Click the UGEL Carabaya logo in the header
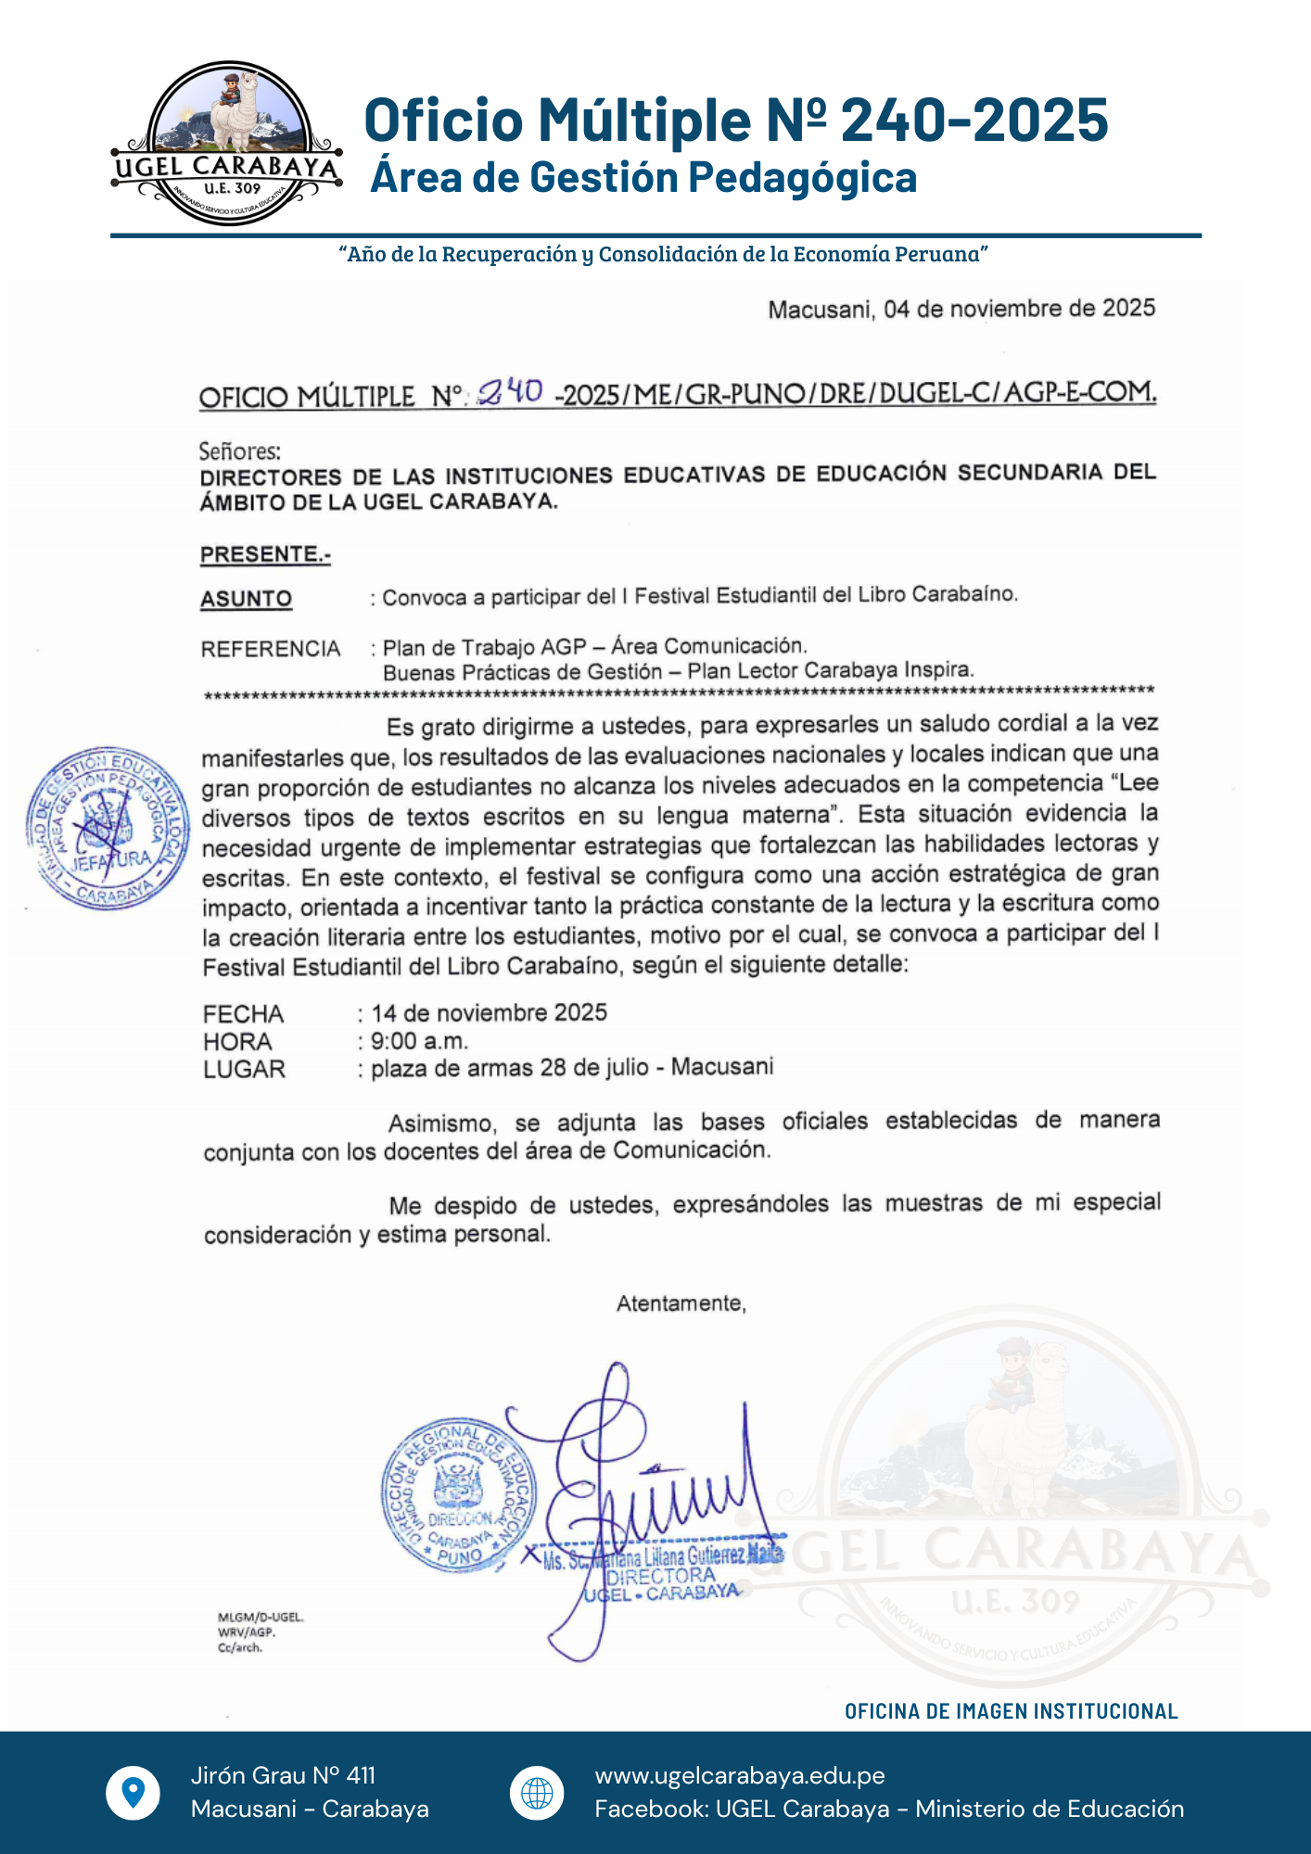click(226, 145)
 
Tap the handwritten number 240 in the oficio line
click(509, 393)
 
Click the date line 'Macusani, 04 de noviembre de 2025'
click(961, 309)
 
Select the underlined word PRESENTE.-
click(265, 554)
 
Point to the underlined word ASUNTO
click(247, 599)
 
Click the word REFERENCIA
click(271, 648)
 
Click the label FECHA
click(243, 1014)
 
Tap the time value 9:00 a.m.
click(420, 1041)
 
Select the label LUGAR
click(244, 1070)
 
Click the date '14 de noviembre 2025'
click(490, 1012)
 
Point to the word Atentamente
click(681, 1303)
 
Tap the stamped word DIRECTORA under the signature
click(660, 1576)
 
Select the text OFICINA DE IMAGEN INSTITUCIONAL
click(1011, 1711)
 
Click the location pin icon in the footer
click(134, 1792)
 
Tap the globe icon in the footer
click(537, 1793)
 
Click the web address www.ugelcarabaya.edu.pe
click(740, 1775)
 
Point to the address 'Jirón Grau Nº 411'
click(283, 1775)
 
